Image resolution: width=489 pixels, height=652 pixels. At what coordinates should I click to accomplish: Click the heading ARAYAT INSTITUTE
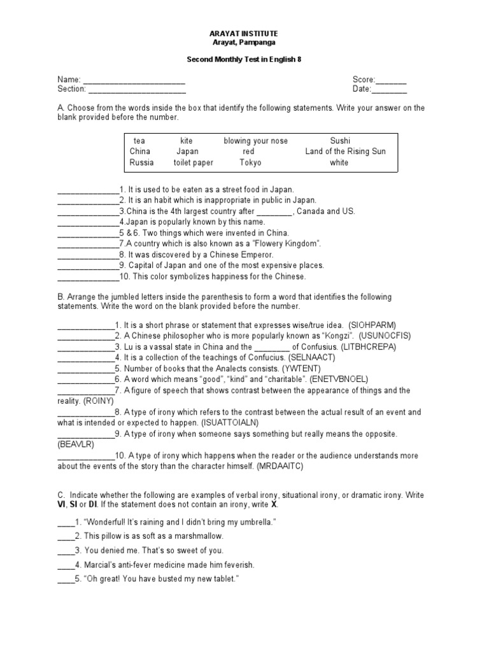(x=244, y=33)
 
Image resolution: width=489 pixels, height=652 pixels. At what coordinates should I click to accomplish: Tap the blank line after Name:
(x=134, y=80)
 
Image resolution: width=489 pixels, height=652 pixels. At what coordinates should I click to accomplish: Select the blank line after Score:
(x=391, y=80)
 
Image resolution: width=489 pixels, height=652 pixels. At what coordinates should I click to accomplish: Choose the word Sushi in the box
(x=340, y=140)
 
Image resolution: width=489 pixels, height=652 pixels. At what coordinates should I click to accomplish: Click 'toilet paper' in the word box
(x=193, y=162)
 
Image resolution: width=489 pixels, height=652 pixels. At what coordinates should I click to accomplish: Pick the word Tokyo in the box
(x=250, y=162)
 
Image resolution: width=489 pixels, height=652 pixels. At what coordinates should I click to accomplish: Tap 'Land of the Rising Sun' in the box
(x=345, y=152)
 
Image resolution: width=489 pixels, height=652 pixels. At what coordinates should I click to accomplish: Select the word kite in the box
(x=186, y=140)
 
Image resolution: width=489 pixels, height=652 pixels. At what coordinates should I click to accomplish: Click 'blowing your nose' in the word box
(x=255, y=140)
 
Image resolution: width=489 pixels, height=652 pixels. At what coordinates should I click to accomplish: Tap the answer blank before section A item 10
(x=88, y=277)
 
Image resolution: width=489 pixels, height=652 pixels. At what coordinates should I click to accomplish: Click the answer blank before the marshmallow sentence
(x=66, y=536)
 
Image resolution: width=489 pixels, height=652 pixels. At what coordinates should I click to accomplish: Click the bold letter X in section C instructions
(x=274, y=504)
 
